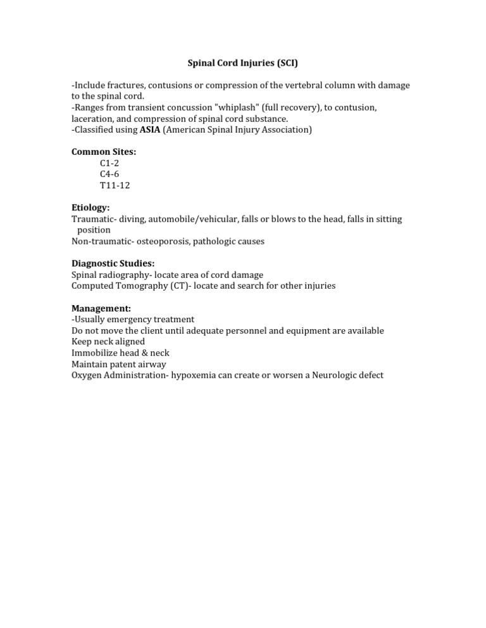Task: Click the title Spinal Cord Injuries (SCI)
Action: pyautogui.click(x=242, y=63)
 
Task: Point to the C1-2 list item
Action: pyautogui.click(x=109, y=163)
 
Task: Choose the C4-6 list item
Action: pyautogui.click(x=109, y=174)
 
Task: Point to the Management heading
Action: pyautogui.click(x=101, y=308)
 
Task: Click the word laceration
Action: pyautogui.click(x=94, y=119)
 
